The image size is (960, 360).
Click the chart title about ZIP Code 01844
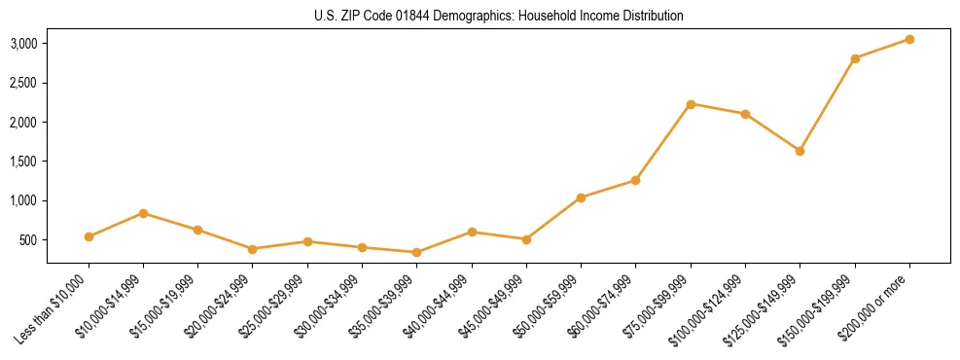coord(499,16)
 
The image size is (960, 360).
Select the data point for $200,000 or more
coord(909,39)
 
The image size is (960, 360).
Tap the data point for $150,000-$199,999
coord(855,58)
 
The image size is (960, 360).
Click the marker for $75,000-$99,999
coord(691,104)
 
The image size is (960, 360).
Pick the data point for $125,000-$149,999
coord(800,151)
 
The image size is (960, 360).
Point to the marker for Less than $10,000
coord(89,236)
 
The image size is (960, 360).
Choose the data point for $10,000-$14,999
coord(143,213)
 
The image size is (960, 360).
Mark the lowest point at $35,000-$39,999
coord(416,252)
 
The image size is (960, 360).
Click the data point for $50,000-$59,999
coord(581,198)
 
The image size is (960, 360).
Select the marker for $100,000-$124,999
coord(745,114)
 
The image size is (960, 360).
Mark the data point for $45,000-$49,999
coord(526,238)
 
